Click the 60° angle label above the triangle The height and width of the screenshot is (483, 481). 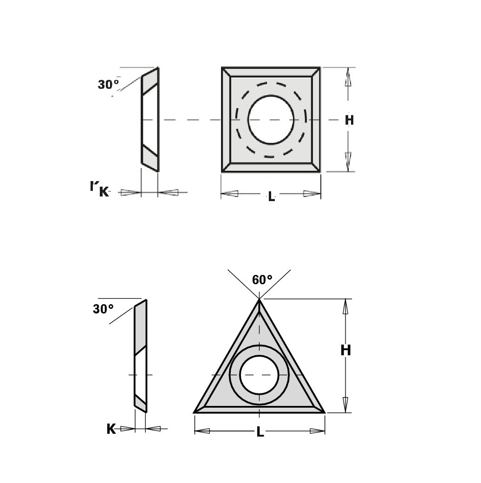pos(262,280)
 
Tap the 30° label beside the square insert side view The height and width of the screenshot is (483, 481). pos(108,85)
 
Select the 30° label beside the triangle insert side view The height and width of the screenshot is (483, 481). pos(103,309)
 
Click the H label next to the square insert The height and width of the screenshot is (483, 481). pos(349,120)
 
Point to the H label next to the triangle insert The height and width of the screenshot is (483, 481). pos(346,350)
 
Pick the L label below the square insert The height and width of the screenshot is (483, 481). pos(271,196)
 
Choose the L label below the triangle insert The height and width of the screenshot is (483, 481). pos(260,432)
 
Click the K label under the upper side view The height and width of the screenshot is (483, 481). pos(104,192)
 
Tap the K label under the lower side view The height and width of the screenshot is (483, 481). pos(111,429)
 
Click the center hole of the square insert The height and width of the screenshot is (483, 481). pos(271,119)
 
